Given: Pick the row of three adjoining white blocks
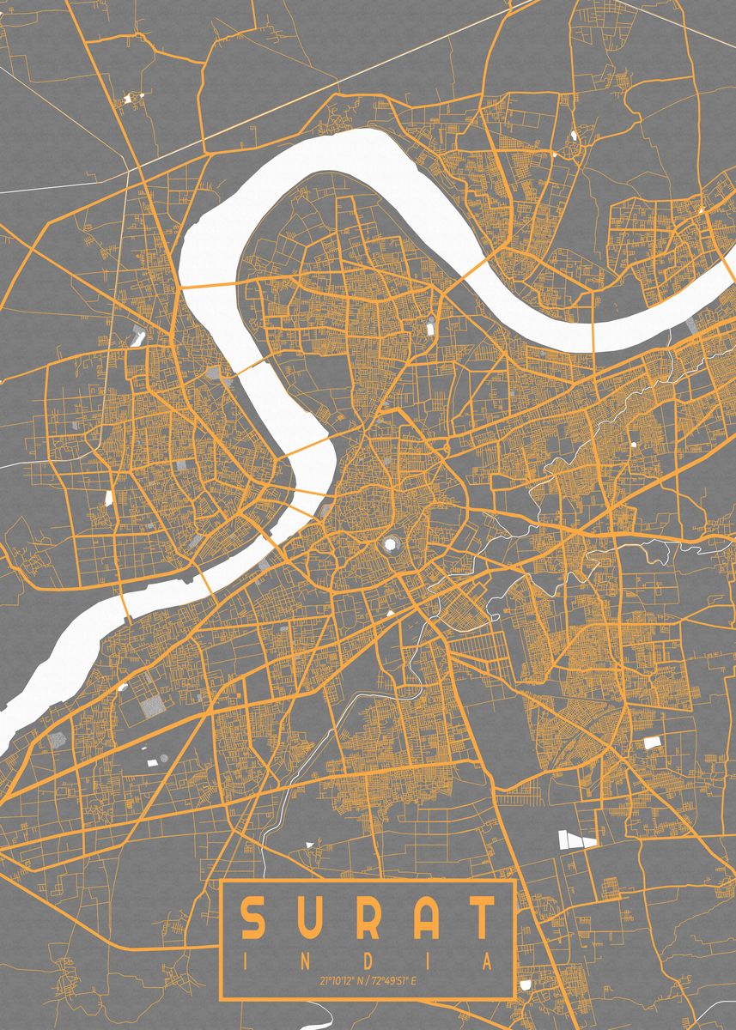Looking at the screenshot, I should pos(577,839).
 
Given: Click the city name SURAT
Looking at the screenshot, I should pos(368,918).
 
